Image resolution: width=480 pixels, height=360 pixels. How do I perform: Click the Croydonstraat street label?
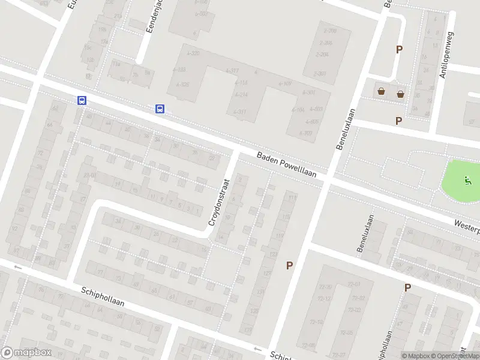point(219,202)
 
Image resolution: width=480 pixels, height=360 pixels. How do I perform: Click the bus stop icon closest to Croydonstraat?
point(160,109)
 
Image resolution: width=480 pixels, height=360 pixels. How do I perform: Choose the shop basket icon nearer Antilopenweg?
point(400,93)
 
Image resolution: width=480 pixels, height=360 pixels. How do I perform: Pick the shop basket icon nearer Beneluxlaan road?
point(381,92)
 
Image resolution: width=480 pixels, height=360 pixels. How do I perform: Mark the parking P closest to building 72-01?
point(407,288)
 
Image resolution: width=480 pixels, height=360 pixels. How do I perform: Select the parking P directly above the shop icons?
point(398,50)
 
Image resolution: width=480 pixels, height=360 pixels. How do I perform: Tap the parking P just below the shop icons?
point(398,121)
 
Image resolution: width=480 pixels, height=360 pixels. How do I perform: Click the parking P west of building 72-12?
point(289,265)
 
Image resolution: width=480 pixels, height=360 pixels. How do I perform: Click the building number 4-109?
point(285,83)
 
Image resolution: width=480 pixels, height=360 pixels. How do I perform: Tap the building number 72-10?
point(325,322)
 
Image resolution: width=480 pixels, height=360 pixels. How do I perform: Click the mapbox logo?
point(26,353)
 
